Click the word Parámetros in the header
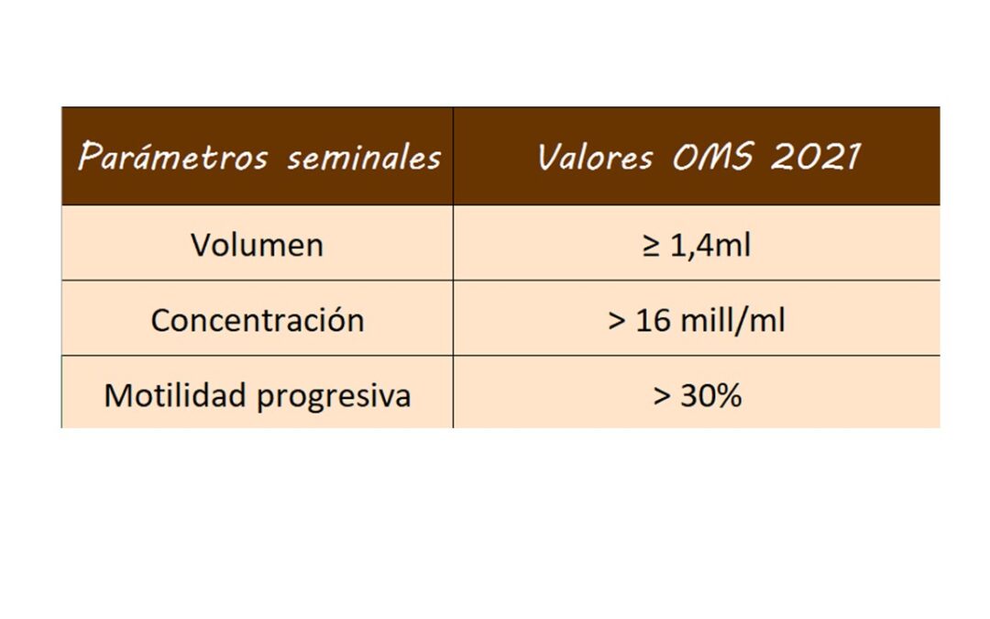173,158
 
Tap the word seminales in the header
364,158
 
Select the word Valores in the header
595,158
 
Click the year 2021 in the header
815,158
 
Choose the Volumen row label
257,246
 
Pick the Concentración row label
257,320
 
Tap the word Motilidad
175,395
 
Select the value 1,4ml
710,246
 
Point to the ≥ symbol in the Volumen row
651,247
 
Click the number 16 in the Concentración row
653,321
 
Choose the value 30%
710,396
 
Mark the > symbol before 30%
662,397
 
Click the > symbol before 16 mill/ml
616,322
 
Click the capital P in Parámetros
89,158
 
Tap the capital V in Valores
548,158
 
